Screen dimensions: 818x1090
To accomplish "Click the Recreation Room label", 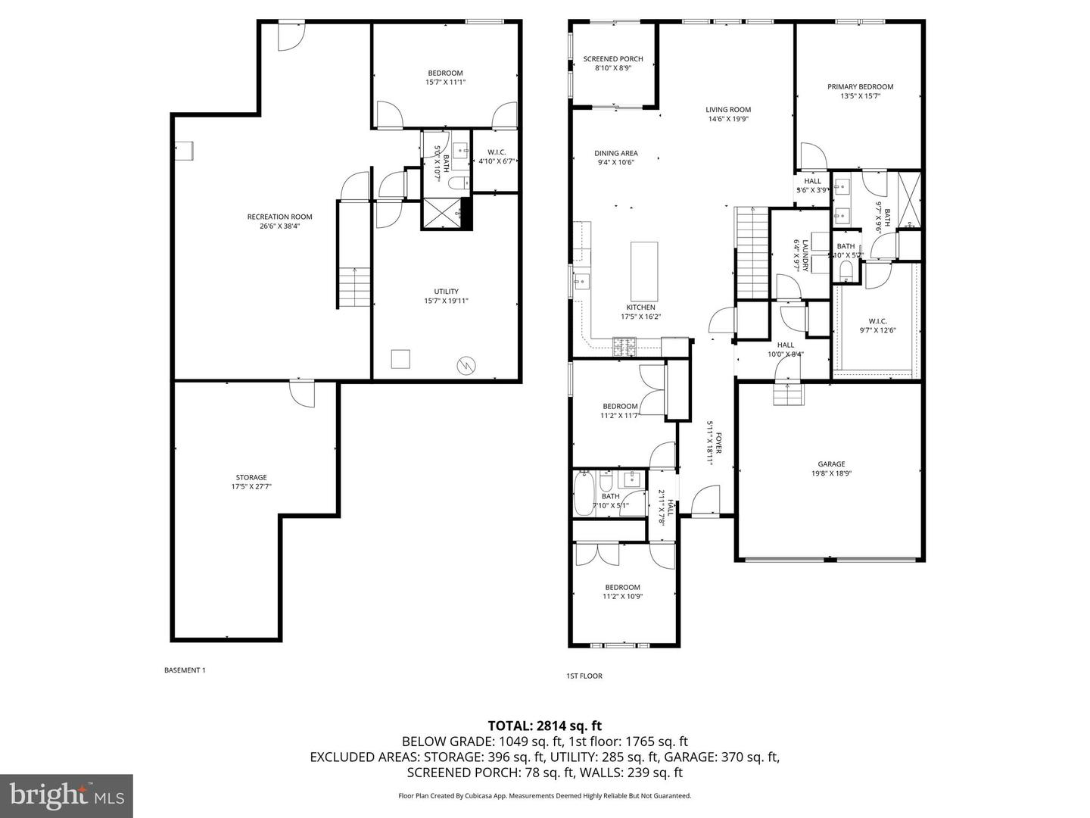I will (279, 217).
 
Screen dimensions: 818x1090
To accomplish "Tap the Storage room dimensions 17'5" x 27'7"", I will (251, 487).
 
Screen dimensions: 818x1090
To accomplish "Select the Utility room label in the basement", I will (446, 292).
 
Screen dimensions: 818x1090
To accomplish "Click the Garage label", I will (830, 464).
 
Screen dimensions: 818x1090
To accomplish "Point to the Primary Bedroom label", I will (860, 87).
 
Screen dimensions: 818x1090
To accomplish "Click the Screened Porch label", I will (613, 59).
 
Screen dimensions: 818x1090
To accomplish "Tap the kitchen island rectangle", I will (644, 271).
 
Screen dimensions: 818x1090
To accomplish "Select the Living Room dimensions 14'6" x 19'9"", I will (728, 119).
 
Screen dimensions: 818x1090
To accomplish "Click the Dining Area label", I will (615, 153).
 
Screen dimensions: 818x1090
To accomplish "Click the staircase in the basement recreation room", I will (353, 287).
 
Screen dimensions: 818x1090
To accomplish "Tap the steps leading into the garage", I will (787, 394).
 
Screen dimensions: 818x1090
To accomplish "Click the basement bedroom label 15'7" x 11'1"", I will (445, 73).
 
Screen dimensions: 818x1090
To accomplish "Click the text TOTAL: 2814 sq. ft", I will (545, 726).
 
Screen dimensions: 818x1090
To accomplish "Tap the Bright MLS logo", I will (67, 795).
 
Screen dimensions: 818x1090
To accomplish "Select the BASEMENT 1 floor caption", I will (185, 670).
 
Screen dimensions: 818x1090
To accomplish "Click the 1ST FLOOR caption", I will (584, 676).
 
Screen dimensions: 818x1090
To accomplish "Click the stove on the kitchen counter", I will (625, 346).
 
